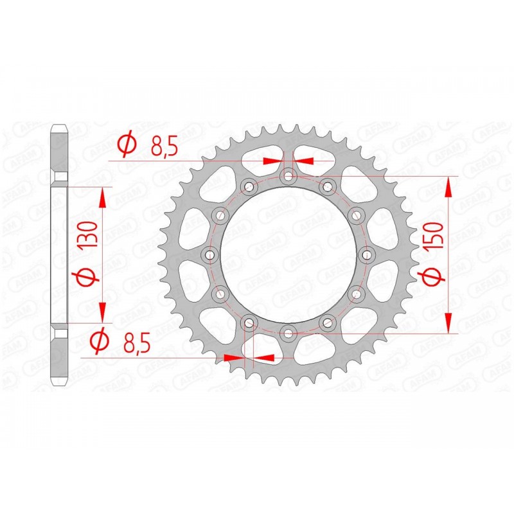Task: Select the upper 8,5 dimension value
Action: pos(164,146)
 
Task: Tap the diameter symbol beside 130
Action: pos(89,277)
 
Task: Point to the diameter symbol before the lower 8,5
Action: pos(98,343)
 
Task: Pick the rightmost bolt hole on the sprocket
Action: pos(367,254)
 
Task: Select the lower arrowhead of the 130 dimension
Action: pos(102,312)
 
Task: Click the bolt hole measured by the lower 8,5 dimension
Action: pos(249,322)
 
